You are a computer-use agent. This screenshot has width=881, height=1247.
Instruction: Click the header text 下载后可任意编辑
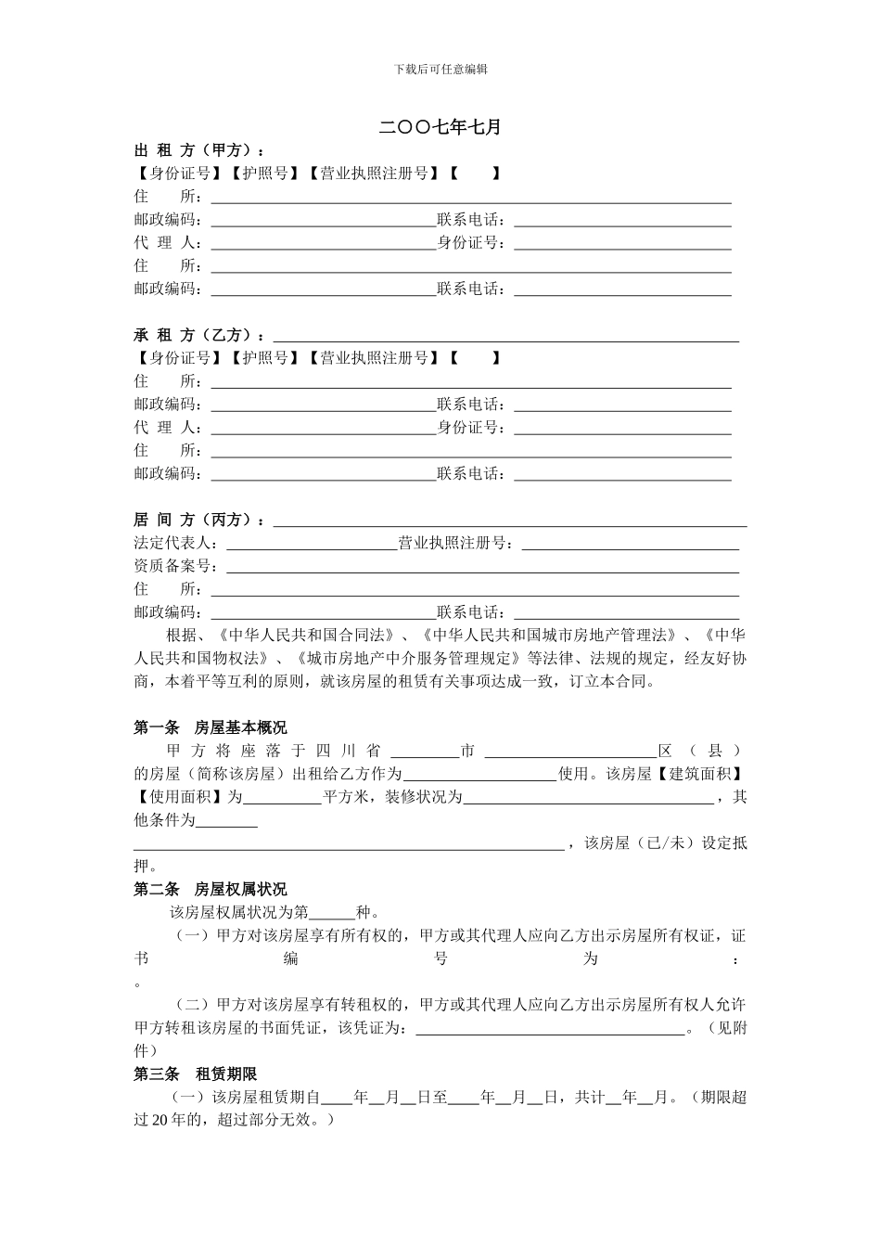pyautogui.click(x=440, y=69)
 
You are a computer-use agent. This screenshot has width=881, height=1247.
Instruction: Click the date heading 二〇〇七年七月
pyautogui.click(x=440, y=127)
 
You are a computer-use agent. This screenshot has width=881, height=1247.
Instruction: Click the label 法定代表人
pyautogui.click(x=175, y=543)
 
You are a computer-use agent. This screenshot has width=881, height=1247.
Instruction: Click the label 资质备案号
pyautogui.click(x=175, y=566)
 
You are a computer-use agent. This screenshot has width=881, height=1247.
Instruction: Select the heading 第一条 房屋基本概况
pyautogui.click(x=211, y=727)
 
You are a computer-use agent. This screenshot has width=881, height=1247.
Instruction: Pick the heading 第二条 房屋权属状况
pyautogui.click(x=211, y=889)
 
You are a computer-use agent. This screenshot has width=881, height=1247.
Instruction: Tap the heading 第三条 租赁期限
pyautogui.click(x=195, y=1074)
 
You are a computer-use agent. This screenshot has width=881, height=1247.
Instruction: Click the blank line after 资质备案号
pyautogui.click(x=482, y=568)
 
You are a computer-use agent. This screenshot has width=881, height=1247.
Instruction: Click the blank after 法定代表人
pyautogui.click(x=312, y=545)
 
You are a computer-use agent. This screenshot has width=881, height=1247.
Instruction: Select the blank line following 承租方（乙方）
pyautogui.click(x=505, y=337)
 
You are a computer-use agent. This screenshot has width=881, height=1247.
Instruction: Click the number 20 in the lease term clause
pyautogui.click(x=160, y=1120)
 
